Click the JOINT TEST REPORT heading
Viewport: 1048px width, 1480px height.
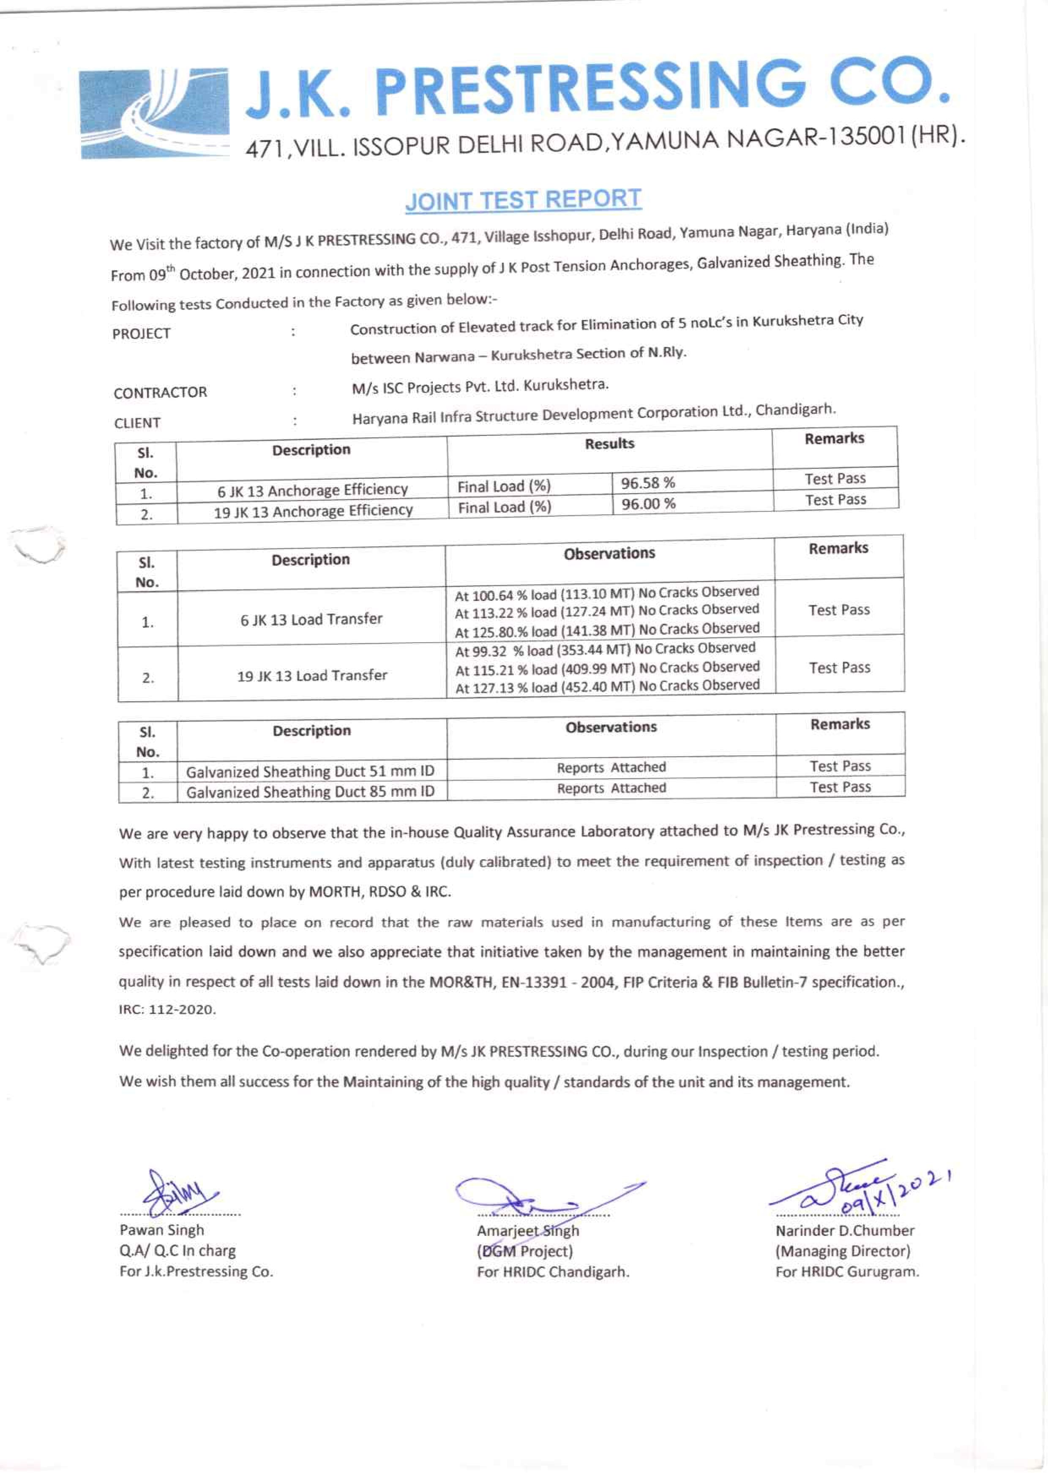(523, 200)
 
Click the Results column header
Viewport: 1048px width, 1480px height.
(609, 444)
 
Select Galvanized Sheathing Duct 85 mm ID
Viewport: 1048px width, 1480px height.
(311, 791)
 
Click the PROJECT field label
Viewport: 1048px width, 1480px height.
(141, 334)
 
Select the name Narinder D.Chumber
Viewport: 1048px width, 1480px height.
(845, 1230)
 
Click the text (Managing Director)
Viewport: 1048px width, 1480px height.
(842, 1251)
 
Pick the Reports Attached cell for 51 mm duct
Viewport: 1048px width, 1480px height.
(611, 767)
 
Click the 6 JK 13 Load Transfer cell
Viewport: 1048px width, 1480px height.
(311, 619)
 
